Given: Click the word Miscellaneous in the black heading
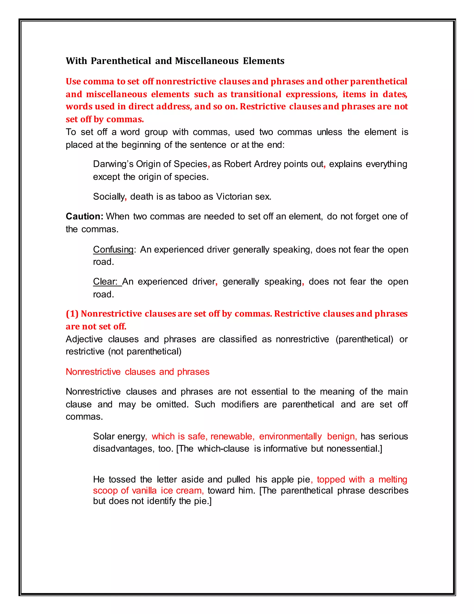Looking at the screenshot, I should [207, 61].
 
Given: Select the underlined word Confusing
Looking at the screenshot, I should [113, 249].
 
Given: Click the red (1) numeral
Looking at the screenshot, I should [72, 313].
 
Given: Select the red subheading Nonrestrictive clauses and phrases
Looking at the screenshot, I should [138, 372].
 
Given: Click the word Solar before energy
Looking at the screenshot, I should [104, 436].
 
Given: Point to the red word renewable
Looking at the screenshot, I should [232, 436].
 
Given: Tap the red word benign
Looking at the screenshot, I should [341, 436].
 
